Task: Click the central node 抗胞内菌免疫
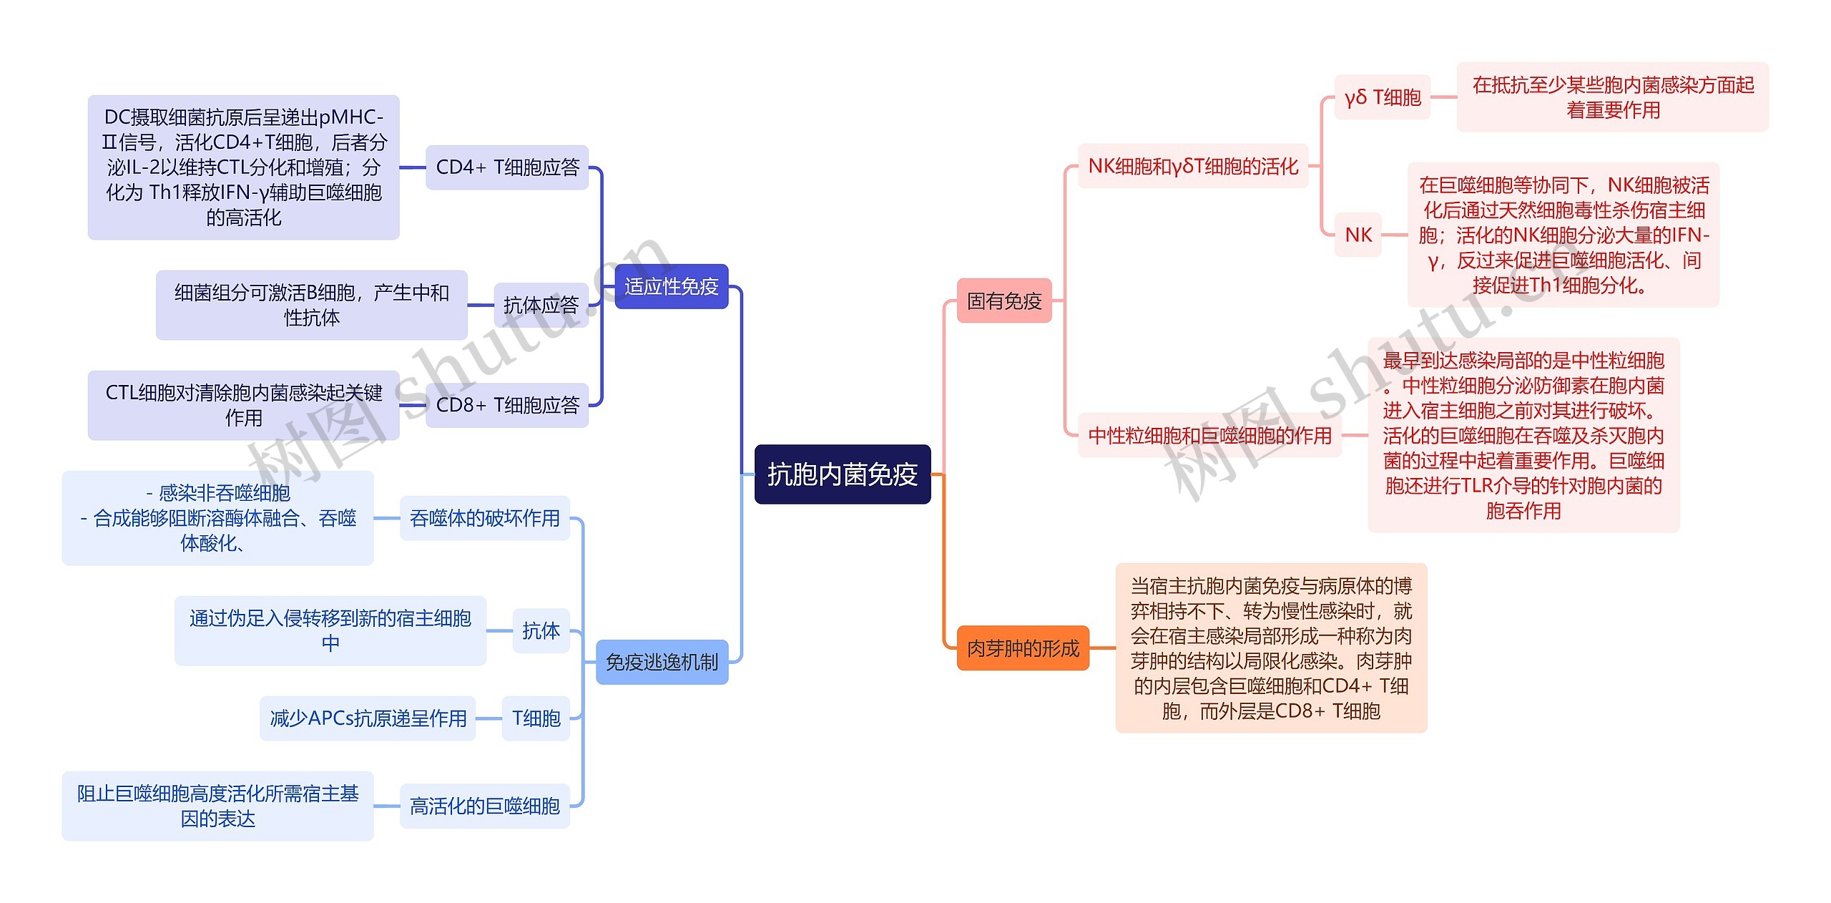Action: coord(843,474)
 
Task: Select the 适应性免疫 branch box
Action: coord(671,287)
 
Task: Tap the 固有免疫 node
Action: coord(1004,301)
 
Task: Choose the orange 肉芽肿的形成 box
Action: coord(1023,648)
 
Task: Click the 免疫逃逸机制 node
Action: coord(662,663)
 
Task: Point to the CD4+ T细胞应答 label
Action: coord(507,167)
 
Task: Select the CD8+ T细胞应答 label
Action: coord(507,406)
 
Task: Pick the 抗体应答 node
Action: coord(541,306)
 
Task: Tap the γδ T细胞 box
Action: coord(1382,97)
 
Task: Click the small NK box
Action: coord(1358,235)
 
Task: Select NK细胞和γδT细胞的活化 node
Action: coord(1193,167)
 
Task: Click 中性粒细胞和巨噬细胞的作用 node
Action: coord(1209,435)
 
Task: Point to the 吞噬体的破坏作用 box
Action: coord(484,518)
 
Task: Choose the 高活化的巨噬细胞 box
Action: coord(484,806)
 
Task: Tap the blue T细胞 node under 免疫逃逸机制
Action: coord(536,718)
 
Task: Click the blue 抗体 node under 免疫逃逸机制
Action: coord(541,631)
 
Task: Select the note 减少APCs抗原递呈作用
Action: coord(368,718)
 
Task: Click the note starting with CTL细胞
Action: coord(243,405)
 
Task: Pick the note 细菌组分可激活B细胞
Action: coord(312,305)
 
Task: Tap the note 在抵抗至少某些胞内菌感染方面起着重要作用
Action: coord(1612,97)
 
